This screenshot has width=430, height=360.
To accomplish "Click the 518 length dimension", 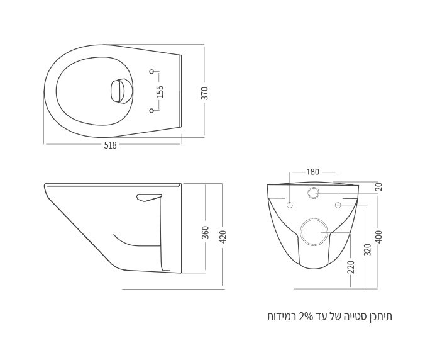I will click(110, 144).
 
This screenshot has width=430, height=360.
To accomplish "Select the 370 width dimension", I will click(205, 93).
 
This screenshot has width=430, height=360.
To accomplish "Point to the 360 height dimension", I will click(205, 233).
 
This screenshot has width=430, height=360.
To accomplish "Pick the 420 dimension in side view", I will click(223, 237).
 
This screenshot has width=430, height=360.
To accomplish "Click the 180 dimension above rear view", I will click(312, 172).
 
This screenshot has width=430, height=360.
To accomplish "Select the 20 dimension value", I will click(378, 187).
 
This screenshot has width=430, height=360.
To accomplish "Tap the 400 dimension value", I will click(378, 237).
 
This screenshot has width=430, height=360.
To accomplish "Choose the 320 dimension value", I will click(367, 249).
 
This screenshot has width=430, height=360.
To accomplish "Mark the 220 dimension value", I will click(351, 267).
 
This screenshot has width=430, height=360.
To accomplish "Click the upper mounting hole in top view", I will click(152, 71).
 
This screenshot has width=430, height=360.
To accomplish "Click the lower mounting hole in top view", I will click(152, 111).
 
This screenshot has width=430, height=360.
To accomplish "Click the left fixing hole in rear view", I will click(290, 205).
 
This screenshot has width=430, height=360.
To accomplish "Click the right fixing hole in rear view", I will click(338, 205).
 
